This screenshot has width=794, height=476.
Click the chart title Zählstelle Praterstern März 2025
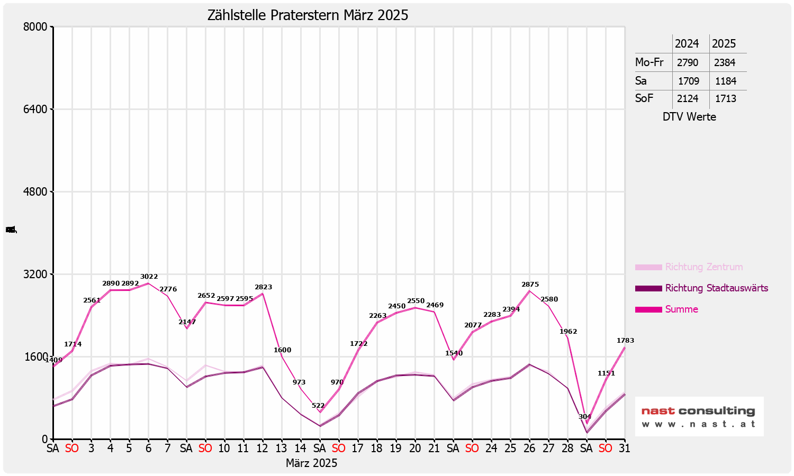pos(308,15)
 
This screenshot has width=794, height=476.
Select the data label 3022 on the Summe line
pos(149,277)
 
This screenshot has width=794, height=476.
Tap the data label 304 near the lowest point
pos(585,417)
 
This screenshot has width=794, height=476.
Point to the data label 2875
pos(530,285)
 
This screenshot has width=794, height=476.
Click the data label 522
pos(318,406)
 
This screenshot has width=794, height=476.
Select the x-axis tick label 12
pos(263,448)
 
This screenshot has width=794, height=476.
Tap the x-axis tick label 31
pos(625,448)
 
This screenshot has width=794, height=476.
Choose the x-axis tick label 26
pos(529,448)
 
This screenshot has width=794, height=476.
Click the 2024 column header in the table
pos(687,44)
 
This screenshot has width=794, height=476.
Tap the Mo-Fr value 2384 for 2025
pos(725,62)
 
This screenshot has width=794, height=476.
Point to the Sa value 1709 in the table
pos(688,81)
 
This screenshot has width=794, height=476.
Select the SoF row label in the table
pos(644,98)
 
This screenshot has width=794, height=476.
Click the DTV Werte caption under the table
pos(689,117)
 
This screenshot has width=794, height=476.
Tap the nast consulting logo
pos(699,416)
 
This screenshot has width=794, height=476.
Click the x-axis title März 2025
pos(311,463)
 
